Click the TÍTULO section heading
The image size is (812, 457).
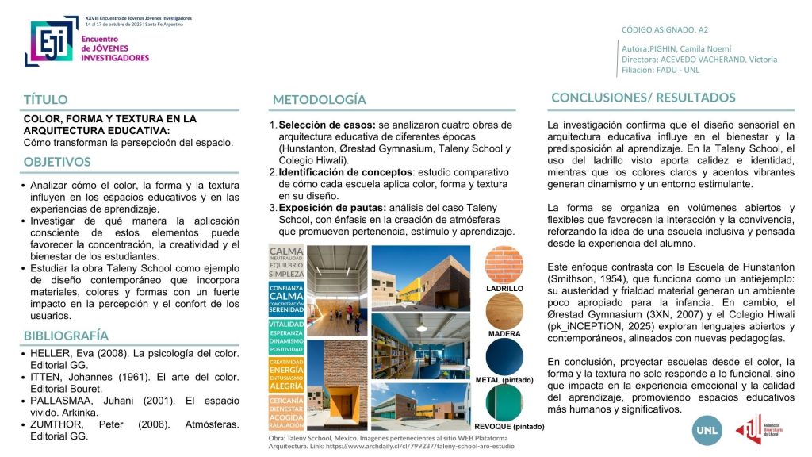pyautogui.click(x=45, y=100)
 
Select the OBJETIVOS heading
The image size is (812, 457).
pyautogui.click(x=57, y=162)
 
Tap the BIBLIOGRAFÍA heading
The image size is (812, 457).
pyautogui.click(x=66, y=335)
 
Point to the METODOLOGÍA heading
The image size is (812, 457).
pyautogui.click(x=319, y=99)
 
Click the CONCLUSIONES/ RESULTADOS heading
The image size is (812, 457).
pyautogui.click(x=643, y=98)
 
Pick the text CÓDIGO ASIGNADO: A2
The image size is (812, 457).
pyautogui.click(x=665, y=30)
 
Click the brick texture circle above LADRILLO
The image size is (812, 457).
pyautogui.click(x=504, y=264)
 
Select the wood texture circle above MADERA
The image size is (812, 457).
pyautogui.click(x=504, y=310)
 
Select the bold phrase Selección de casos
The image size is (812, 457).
pyautogui.click(x=327, y=125)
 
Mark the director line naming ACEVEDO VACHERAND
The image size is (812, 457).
pyautogui.click(x=699, y=60)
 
